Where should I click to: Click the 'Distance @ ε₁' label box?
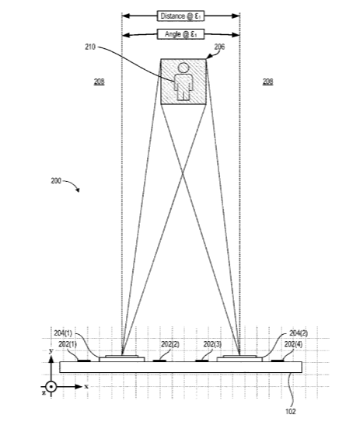(x=180, y=16)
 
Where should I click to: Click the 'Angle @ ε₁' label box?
(x=180, y=34)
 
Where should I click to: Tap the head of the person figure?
(x=183, y=68)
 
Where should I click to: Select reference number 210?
(x=90, y=47)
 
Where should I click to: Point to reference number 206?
(x=219, y=47)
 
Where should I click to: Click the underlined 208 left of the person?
(x=100, y=82)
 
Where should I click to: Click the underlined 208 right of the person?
(x=267, y=82)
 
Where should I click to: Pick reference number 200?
(x=56, y=181)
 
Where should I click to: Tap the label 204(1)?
(x=63, y=333)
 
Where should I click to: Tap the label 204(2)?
(x=299, y=333)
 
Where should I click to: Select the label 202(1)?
(x=68, y=344)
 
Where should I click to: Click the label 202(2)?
(x=170, y=344)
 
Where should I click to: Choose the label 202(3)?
(x=212, y=344)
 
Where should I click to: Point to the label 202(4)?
(x=293, y=344)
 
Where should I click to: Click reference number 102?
(x=291, y=412)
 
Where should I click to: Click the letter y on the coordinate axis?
(x=51, y=351)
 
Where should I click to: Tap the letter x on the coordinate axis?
(x=86, y=387)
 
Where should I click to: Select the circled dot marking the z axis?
(x=51, y=387)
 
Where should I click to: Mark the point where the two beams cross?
(x=183, y=174)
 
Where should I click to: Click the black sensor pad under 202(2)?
(x=159, y=361)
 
